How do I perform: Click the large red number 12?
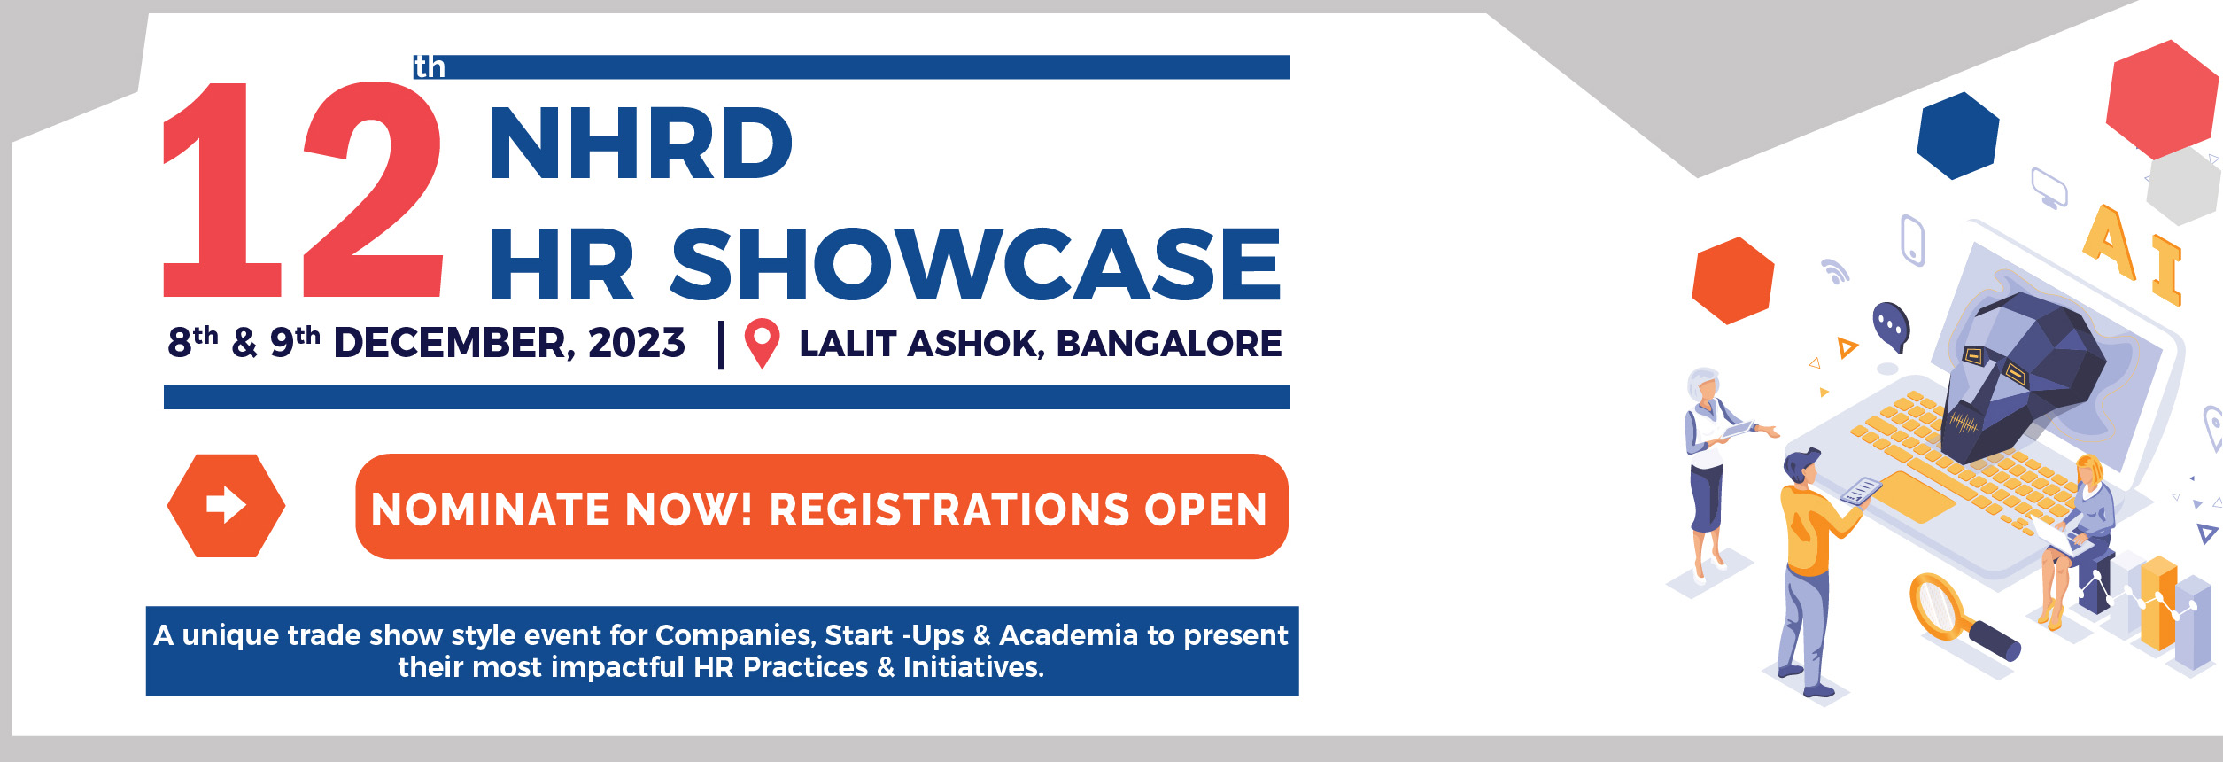point(303,190)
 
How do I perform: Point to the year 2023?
point(636,343)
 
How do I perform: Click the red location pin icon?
point(762,343)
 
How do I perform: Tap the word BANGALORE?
point(1168,344)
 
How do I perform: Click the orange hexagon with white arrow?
point(226,506)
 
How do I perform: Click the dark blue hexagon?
point(1957,136)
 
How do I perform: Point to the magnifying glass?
point(1963,619)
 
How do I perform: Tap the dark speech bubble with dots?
point(1890,327)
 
